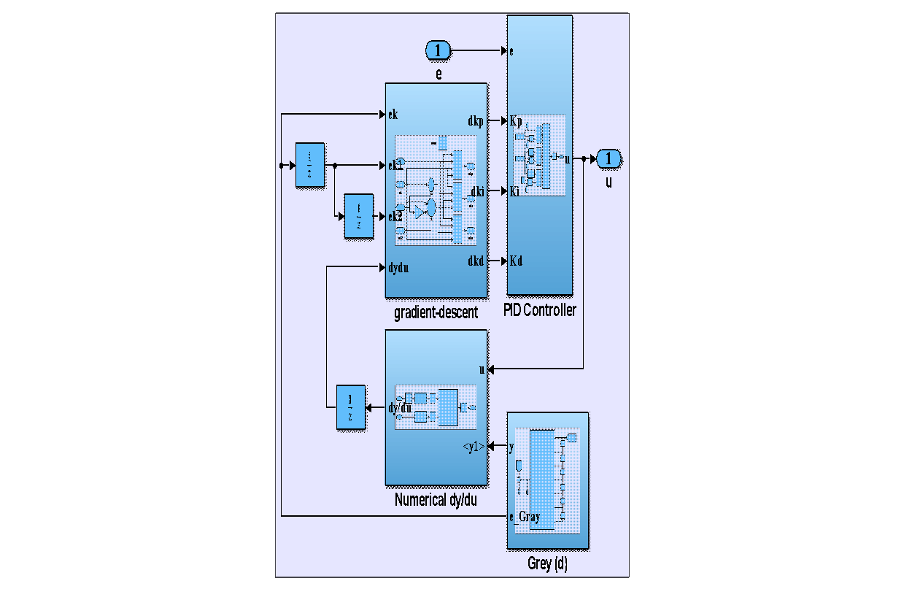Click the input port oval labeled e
click(438, 50)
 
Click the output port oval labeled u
click(609, 158)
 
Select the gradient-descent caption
click(436, 313)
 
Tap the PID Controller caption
click(540, 310)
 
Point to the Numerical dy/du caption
click(436, 501)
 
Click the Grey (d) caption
click(547, 564)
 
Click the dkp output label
click(476, 121)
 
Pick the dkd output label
click(476, 261)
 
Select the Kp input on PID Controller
click(517, 120)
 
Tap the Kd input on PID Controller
click(517, 261)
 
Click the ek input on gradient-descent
click(393, 115)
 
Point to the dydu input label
click(398, 268)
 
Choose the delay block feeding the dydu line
click(350, 407)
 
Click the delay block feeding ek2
click(358, 216)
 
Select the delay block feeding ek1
click(309, 166)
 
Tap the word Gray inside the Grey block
click(530, 517)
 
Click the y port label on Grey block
click(512, 446)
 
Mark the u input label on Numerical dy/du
click(482, 369)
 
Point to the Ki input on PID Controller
click(515, 191)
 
